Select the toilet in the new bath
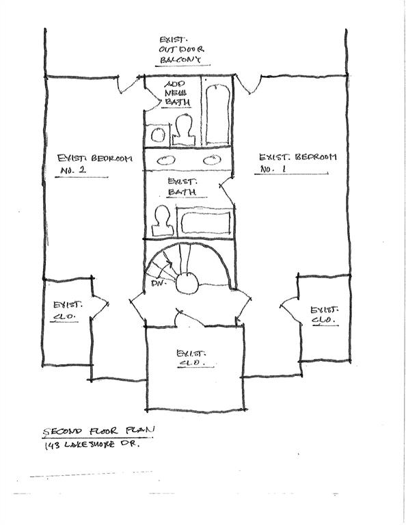pyautogui.click(x=182, y=129)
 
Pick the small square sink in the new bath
pyautogui.click(x=159, y=134)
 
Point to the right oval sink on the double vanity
pyautogui.click(x=210, y=161)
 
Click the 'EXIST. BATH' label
pyautogui.click(x=182, y=187)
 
